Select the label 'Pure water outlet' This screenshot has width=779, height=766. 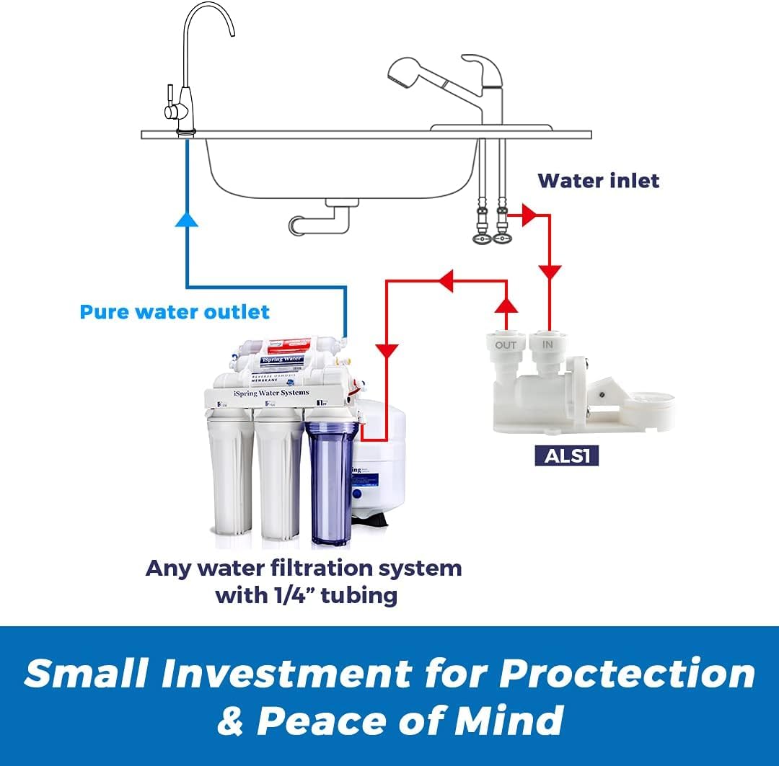pos(175,312)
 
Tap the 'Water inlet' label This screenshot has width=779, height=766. pos(599,180)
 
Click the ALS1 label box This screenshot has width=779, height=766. pos(566,455)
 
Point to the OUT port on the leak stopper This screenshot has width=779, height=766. pos(506,345)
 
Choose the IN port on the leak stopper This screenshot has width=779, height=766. pos(547,345)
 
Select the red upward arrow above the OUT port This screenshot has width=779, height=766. pos(506,305)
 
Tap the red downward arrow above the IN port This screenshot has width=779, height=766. pos(550,272)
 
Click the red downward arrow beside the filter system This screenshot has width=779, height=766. pos(388,351)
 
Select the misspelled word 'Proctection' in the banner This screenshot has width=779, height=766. pos(627,673)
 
